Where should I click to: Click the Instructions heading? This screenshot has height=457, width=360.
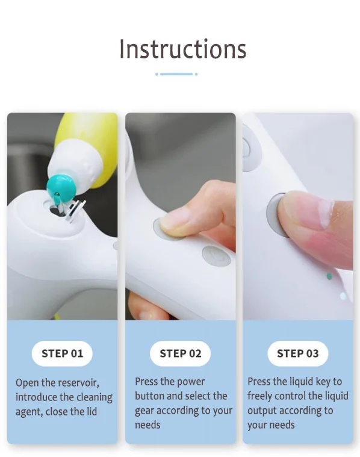coord(183,49)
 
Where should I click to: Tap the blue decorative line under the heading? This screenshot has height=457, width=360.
coord(176,74)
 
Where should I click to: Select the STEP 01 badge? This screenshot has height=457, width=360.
coord(62,353)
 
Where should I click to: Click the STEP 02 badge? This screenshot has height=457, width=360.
coord(180,353)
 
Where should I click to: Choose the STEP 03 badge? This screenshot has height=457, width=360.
coord(297,353)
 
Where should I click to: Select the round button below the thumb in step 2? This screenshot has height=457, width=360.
coord(216,256)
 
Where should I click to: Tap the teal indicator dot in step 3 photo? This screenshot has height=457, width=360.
coord(329,276)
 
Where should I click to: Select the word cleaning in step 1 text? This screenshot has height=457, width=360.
coord(95,397)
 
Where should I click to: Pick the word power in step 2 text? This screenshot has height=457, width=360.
coord(191,382)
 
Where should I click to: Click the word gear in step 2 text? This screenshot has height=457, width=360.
coord(144,411)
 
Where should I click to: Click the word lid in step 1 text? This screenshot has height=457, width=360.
coord(92,411)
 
